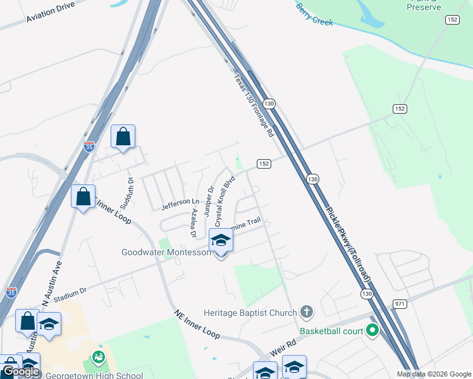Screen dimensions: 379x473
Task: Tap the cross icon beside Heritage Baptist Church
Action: point(307,311)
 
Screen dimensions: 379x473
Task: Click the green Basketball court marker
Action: point(372,330)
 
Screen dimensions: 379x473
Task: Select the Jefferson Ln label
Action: point(175,203)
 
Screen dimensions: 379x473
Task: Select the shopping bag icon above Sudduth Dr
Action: point(123,137)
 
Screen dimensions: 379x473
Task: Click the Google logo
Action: point(20,371)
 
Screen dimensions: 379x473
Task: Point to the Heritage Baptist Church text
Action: point(250,312)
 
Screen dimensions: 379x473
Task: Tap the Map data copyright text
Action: point(434,374)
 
